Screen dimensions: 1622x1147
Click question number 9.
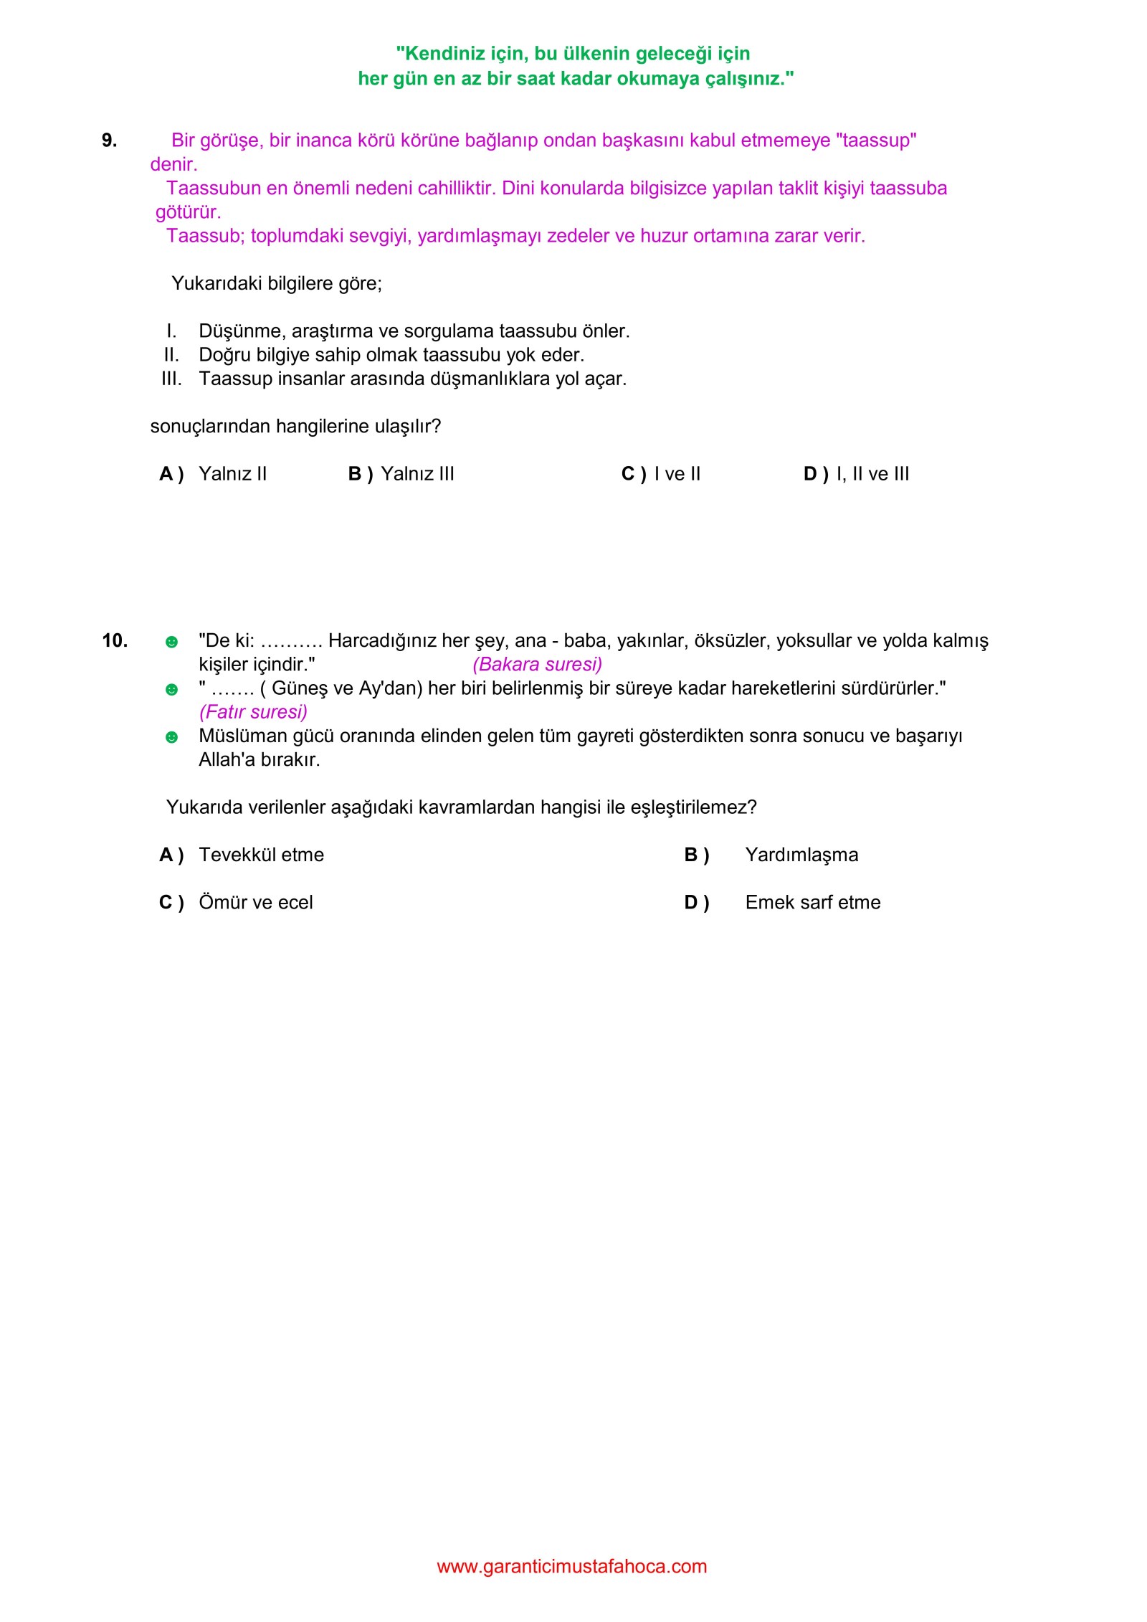point(109,141)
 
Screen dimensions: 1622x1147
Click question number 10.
point(115,640)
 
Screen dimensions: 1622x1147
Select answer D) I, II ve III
point(856,474)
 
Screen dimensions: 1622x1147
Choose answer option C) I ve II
point(660,474)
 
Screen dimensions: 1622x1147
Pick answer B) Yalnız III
point(401,474)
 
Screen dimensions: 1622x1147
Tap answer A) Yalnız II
point(213,474)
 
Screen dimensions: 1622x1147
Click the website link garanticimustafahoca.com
point(571,1566)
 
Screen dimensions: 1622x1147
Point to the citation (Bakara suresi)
point(537,665)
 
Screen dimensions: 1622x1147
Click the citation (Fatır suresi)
point(253,712)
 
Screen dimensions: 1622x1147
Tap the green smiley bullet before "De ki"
point(171,642)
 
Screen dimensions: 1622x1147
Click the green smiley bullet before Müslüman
point(171,737)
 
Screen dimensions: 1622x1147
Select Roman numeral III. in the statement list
point(171,379)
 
